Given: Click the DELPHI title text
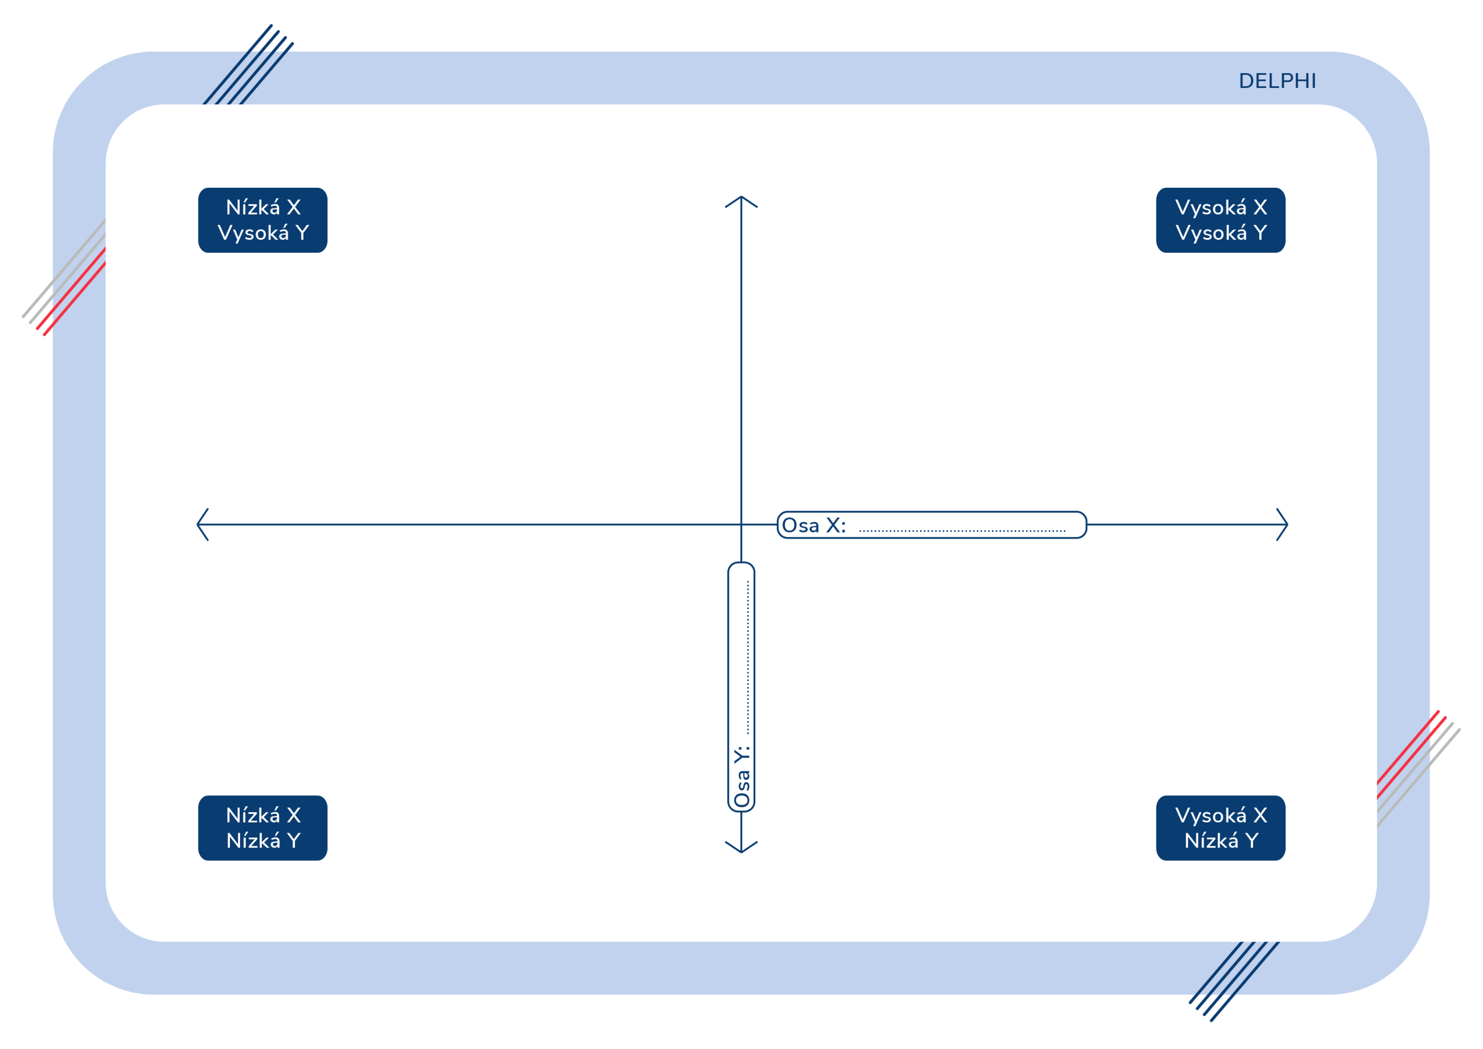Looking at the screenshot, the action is coord(1277,81).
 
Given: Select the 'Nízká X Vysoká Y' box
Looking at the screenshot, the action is coord(263,220).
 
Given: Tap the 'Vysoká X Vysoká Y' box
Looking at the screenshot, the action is coord(1221,220).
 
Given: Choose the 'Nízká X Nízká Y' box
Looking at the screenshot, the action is coord(263,828).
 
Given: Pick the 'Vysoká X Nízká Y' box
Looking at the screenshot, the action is coord(1221,828).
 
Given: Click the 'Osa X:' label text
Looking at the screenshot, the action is coord(814,526).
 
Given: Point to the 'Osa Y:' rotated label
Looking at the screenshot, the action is coord(742,776).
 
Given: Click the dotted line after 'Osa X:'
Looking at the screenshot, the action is coord(962,531).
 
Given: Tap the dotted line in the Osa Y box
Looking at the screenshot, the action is coord(748,657).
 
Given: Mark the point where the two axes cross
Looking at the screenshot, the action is coord(741,524).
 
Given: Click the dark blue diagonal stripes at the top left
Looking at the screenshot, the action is coord(249,64).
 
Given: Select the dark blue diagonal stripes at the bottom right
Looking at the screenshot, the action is coord(1234,981).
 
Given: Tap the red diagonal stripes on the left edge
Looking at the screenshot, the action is coord(72,292).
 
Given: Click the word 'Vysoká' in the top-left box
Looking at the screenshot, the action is coord(253,233).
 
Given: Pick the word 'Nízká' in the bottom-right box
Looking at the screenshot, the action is coord(1211,840).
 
